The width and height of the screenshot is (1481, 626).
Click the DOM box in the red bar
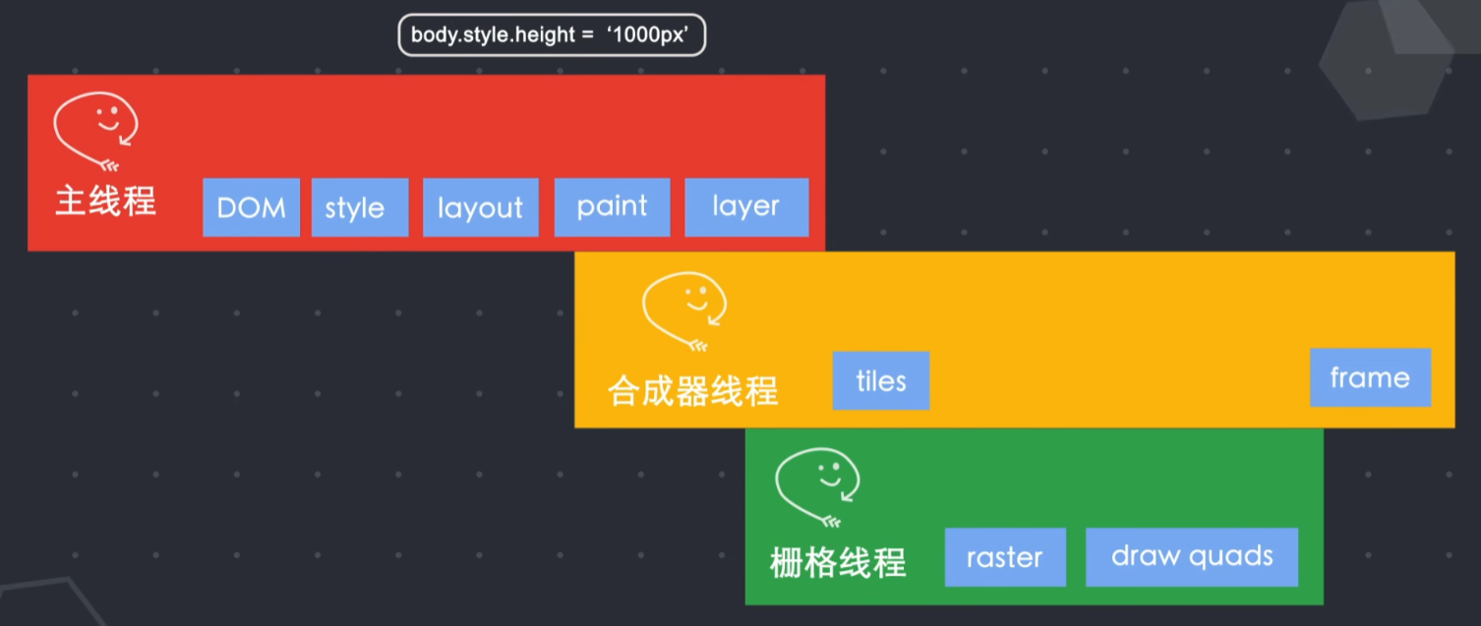(x=251, y=207)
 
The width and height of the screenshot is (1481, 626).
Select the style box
(x=359, y=207)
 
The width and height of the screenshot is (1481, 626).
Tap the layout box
(x=480, y=207)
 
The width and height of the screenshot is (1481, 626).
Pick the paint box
(x=612, y=207)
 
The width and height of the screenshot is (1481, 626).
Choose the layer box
(x=746, y=207)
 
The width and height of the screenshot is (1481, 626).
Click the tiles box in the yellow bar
(x=880, y=380)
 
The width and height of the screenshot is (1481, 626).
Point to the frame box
(x=1370, y=377)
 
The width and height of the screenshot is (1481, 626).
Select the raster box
(x=1004, y=557)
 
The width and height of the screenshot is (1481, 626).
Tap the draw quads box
(x=1192, y=557)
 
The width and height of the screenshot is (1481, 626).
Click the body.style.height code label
(x=552, y=35)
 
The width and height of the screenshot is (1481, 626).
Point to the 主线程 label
(x=105, y=201)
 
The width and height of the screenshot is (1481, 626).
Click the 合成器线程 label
(x=693, y=391)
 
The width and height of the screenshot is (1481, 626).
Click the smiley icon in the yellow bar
(x=684, y=309)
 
